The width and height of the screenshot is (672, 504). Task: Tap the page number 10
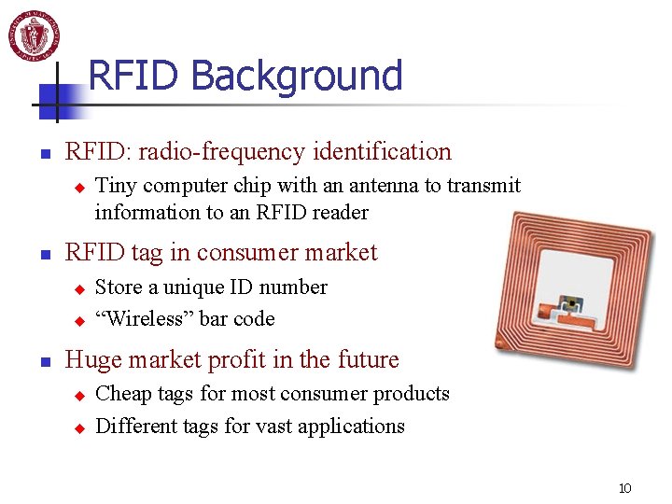pyautogui.click(x=624, y=488)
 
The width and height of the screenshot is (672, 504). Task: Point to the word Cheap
pyautogui.click(x=128, y=394)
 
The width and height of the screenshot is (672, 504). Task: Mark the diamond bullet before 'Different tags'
pyautogui.click(x=79, y=428)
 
